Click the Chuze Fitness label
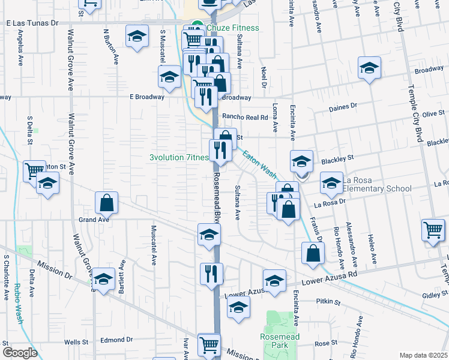[x=233, y=28]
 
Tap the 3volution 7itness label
[x=179, y=158]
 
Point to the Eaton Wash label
[x=259, y=164]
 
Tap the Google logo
[x=20, y=353]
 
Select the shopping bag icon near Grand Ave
[x=106, y=203]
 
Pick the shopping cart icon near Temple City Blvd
[x=433, y=230]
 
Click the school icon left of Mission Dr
[x=103, y=280]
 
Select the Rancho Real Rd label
[x=245, y=118]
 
